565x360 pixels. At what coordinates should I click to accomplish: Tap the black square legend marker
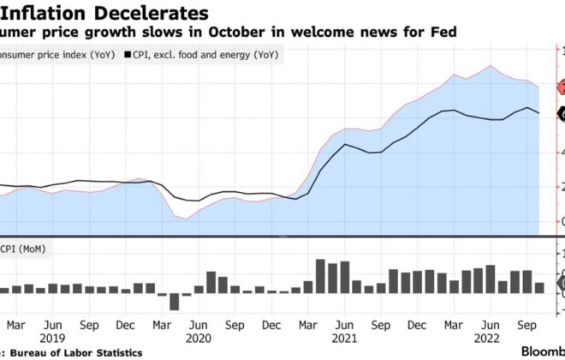pyautogui.click(x=128, y=55)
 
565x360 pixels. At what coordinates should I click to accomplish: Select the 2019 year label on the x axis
pyautogui.click(x=53, y=339)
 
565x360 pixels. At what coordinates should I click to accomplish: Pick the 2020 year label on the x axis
pyautogui.click(x=198, y=339)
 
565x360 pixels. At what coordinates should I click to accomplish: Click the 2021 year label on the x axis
pyautogui.click(x=344, y=339)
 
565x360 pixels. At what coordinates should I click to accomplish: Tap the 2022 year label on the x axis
pyautogui.click(x=490, y=339)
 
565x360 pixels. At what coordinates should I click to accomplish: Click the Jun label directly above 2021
pyautogui.click(x=344, y=326)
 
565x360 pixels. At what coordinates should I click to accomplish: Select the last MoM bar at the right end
pyautogui.click(x=539, y=288)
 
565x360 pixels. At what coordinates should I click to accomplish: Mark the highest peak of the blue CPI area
pyautogui.click(x=490, y=66)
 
